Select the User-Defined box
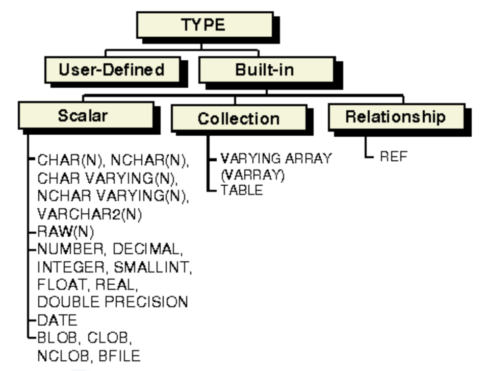pyautogui.click(x=111, y=69)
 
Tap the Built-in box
pyautogui.click(x=265, y=69)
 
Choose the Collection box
pyautogui.click(x=238, y=118)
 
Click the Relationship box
pyautogui.click(x=395, y=116)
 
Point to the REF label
pyautogui.click(x=394, y=157)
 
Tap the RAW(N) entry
pyautogui.click(x=65, y=232)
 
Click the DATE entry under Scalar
pyautogui.click(x=57, y=320)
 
